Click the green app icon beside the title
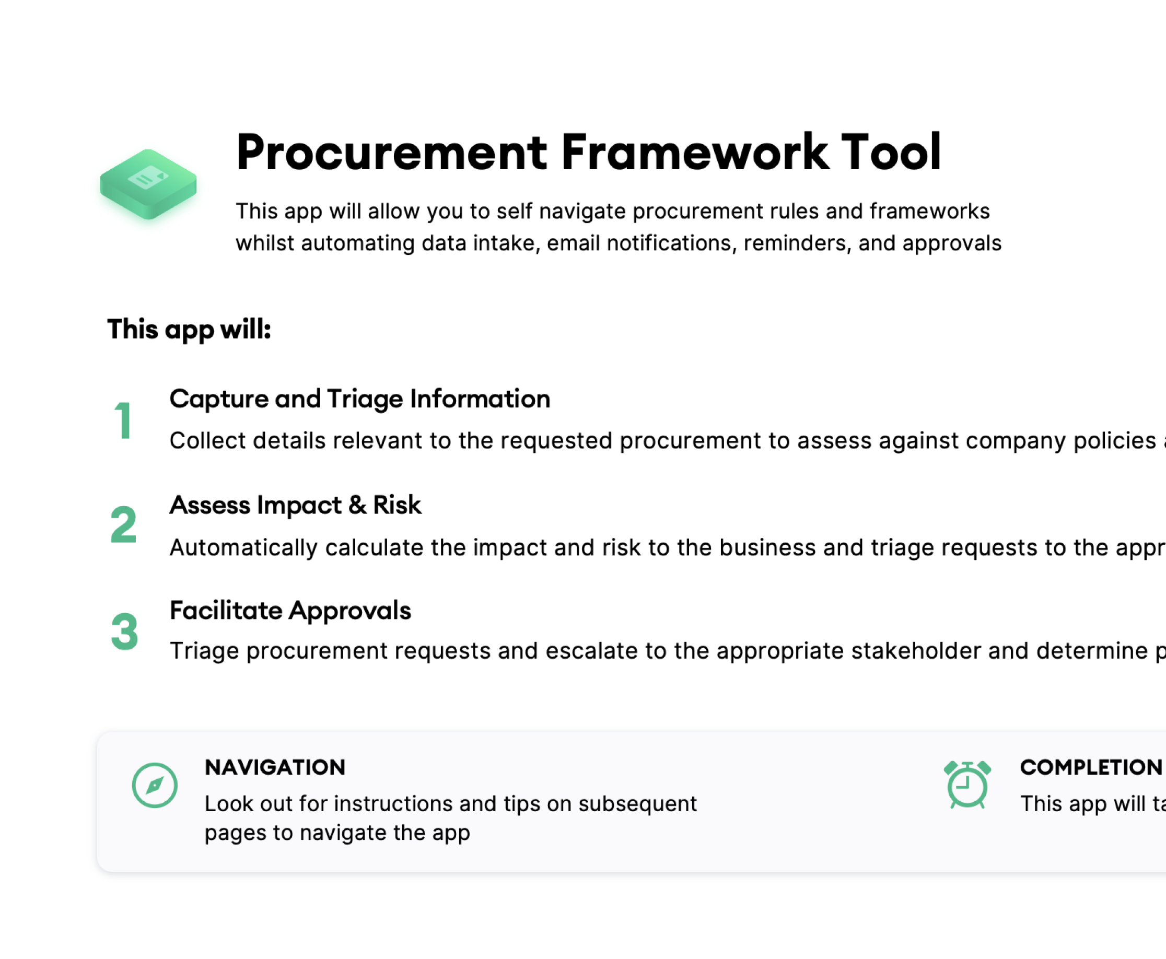click(x=148, y=184)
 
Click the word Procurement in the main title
click(x=391, y=153)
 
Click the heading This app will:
click(x=189, y=330)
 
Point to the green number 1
click(x=123, y=421)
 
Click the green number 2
click(x=123, y=525)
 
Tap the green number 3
click(x=124, y=631)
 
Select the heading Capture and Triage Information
click(x=359, y=399)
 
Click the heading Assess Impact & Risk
click(x=295, y=505)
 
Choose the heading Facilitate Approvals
click(x=290, y=611)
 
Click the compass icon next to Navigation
click(x=155, y=785)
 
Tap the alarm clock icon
click(x=967, y=785)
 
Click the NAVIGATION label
click(x=274, y=767)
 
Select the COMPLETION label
click(x=1091, y=767)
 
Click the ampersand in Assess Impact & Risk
click(x=357, y=505)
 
